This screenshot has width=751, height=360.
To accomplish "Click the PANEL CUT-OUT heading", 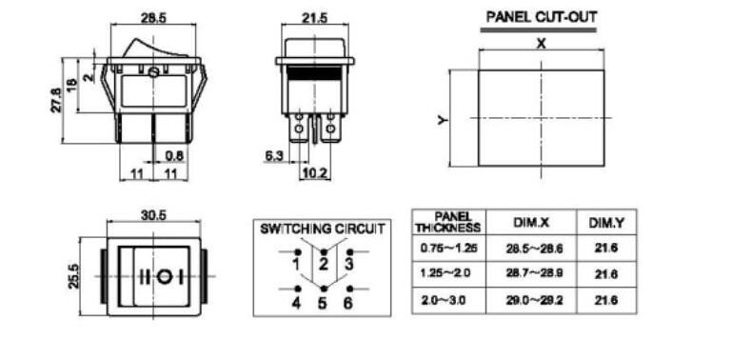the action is point(542,17).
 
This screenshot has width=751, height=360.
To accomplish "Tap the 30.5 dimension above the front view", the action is point(153,215).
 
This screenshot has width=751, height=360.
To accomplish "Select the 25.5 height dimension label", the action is point(73,276).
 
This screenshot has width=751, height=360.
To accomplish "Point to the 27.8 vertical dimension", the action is point(56,101).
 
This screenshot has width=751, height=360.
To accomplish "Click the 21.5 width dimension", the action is point(315,18).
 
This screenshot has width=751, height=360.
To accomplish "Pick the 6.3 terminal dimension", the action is point(274,156).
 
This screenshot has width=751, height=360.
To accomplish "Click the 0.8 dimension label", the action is point(174,156).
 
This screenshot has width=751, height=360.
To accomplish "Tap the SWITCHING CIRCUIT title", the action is point(322,229).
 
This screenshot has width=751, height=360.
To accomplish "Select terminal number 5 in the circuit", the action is point(323,304).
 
